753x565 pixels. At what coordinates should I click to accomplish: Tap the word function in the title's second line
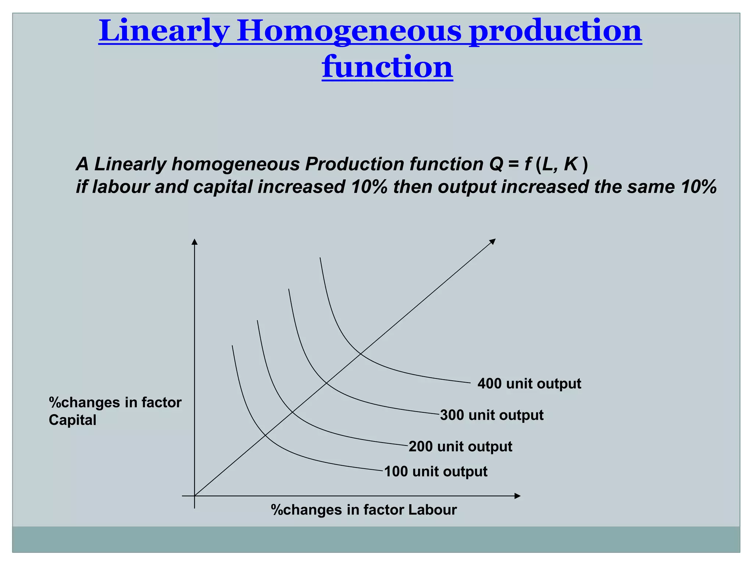pyautogui.click(x=387, y=67)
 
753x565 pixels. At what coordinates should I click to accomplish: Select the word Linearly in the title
pyautogui.click(x=164, y=31)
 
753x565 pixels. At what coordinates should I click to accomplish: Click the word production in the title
pyautogui.click(x=556, y=31)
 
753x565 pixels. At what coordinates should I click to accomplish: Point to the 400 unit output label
pyautogui.click(x=529, y=384)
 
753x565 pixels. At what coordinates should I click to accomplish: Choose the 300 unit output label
pyautogui.click(x=492, y=415)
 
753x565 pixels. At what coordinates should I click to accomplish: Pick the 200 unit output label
pyautogui.click(x=460, y=447)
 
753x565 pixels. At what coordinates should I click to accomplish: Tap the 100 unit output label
pyautogui.click(x=436, y=472)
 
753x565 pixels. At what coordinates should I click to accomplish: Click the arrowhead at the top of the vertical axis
pyautogui.click(x=195, y=242)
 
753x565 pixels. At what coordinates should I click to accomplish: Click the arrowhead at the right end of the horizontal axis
pyautogui.click(x=518, y=496)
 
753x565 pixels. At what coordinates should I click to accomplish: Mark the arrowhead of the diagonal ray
pyautogui.click(x=493, y=241)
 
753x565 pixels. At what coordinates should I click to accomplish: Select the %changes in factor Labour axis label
pyautogui.click(x=364, y=510)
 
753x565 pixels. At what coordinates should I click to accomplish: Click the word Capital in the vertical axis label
pyautogui.click(x=72, y=420)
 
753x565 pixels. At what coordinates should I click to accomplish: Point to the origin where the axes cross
pyautogui.click(x=195, y=496)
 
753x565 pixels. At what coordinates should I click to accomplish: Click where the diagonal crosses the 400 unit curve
pyautogui.click(x=360, y=354)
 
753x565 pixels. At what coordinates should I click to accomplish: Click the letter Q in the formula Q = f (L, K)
pyautogui.click(x=496, y=164)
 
